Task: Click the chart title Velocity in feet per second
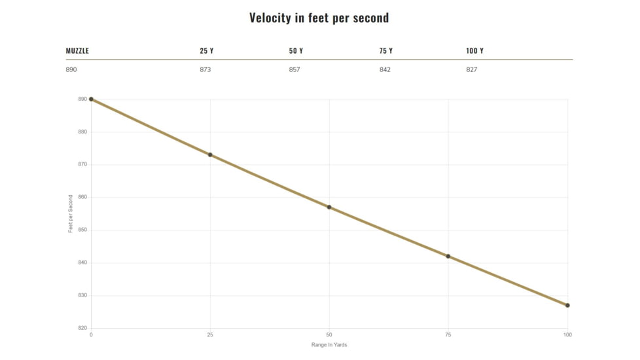coord(319,18)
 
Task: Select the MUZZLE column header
coord(77,51)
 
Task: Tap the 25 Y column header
coord(206,51)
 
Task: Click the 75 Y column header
coord(386,51)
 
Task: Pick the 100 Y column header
coord(474,51)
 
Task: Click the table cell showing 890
coord(71,69)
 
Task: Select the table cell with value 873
coord(205,69)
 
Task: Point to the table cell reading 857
coord(294,69)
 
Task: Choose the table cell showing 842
coord(385,69)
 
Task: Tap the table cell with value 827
coord(471,69)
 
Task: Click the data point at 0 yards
coord(91,99)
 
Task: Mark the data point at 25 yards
coord(210,154)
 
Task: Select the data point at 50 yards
coord(329,207)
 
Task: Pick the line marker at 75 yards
coord(448,256)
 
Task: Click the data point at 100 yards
coord(567,305)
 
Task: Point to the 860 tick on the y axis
coord(82,197)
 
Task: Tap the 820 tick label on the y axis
coord(82,328)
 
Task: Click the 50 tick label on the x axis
coord(329,335)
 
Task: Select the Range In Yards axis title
coord(329,345)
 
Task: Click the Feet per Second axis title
coord(71,213)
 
